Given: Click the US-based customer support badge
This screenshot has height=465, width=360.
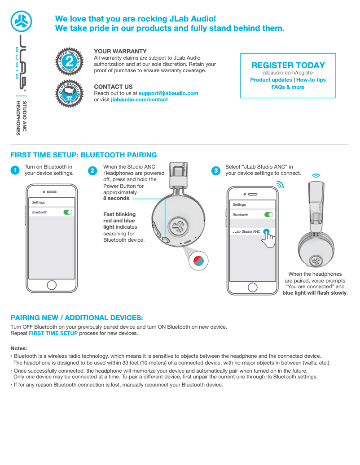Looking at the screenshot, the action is pos(69,92).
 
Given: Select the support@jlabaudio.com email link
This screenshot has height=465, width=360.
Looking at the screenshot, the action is pos(168,93).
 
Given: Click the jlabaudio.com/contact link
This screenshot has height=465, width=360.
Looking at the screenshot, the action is pos(139,100).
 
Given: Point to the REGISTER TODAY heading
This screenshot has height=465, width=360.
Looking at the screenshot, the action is pos(288,65).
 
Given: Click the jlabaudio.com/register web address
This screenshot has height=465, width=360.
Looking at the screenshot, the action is pos(288,73).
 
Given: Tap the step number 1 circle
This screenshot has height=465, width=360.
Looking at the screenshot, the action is pos(15,170).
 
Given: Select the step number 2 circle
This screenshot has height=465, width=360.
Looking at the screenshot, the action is pos(92,170).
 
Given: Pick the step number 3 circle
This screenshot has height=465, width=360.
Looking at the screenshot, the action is pos(216,170).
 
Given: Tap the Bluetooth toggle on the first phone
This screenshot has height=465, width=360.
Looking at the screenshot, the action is pos(68,212).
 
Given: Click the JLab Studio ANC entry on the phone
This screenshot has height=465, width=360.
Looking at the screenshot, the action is pos(246,231).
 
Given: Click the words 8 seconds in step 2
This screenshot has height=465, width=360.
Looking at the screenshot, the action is pos(116,198).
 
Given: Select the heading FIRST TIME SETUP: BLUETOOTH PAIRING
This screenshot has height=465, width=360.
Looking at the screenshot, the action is pos(83,155).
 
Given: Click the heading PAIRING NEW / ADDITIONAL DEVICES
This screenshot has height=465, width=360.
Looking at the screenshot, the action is pos(77,317).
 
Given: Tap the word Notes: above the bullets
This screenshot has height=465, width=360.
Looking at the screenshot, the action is pos(19,348).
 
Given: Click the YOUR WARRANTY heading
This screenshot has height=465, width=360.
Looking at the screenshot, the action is pos(120,52).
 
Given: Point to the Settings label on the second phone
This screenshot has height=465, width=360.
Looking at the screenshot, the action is pos(239,204).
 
